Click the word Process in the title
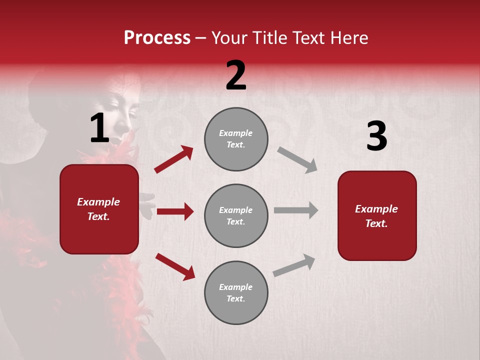click(x=157, y=38)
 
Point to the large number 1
click(x=99, y=128)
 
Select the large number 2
click(x=236, y=75)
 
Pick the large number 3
click(x=376, y=136)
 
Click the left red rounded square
click(x=99, y=209)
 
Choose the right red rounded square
click(x=377, y=215)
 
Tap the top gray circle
click(x=236, y=139)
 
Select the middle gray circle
click(x=236, y=215)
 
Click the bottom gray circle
click(x=236, y=292)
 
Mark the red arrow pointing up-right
click(x=174, y=159)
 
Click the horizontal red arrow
click(x=175, y=211)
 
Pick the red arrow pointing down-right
click(x=175, y=266)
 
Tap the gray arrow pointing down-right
click(x=297, y=160)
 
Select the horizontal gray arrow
click(x=296, y=210)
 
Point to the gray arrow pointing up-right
click(x=294, y=265)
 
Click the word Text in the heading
click(x=308, y=38)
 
